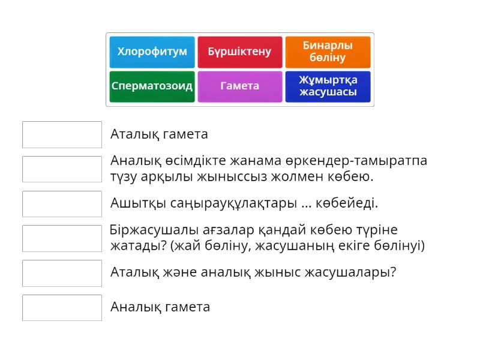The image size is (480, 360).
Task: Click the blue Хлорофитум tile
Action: pyautogui.click(x=152, y=52)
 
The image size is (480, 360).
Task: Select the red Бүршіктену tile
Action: pyautogui.click(x=239, y=52)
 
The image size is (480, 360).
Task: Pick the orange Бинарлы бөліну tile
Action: pyautogui.click(x=328, y=52)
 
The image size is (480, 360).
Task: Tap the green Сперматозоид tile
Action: pyautogui.click(x=152, y=86)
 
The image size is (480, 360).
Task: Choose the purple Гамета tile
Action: pyautogui.click(x=239, y=86)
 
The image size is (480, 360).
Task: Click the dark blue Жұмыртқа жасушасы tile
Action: pyautogui.click(x=328, y=86)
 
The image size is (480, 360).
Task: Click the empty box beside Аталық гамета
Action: pyautogui.click(x=62, y=134)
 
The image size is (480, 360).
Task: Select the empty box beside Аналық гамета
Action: pyautogui.click(x=62, y=307)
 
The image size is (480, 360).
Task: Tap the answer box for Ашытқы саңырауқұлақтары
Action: pyautogui.click(x=62, y=203)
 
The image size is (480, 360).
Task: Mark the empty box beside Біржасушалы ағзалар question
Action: pyautogui.click(x=62, y=238)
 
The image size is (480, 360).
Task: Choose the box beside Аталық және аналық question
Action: pyautogui.click(x=62, y=272)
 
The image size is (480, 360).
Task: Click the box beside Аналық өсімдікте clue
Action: pyautogui.click(x=62, y=169)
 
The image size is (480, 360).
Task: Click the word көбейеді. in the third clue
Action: pyautogui.click(x=349, y=203)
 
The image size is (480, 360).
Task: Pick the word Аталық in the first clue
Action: pyautogui.click(x=133, y=134)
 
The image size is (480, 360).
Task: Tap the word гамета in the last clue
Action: pyautogui.click(x=188, y=307)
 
